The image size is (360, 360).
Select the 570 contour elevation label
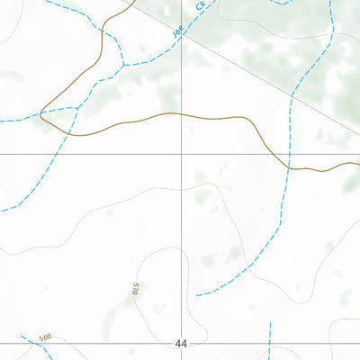click(x=135, y=290)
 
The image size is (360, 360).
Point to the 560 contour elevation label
click(x=45, y=337)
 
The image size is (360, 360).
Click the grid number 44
click(x=182, y=344)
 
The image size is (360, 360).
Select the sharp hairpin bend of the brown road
click(x=41, y=113)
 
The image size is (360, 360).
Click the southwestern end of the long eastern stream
click(x=196, y=295)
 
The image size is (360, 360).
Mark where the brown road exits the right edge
click(x=358, y=164)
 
